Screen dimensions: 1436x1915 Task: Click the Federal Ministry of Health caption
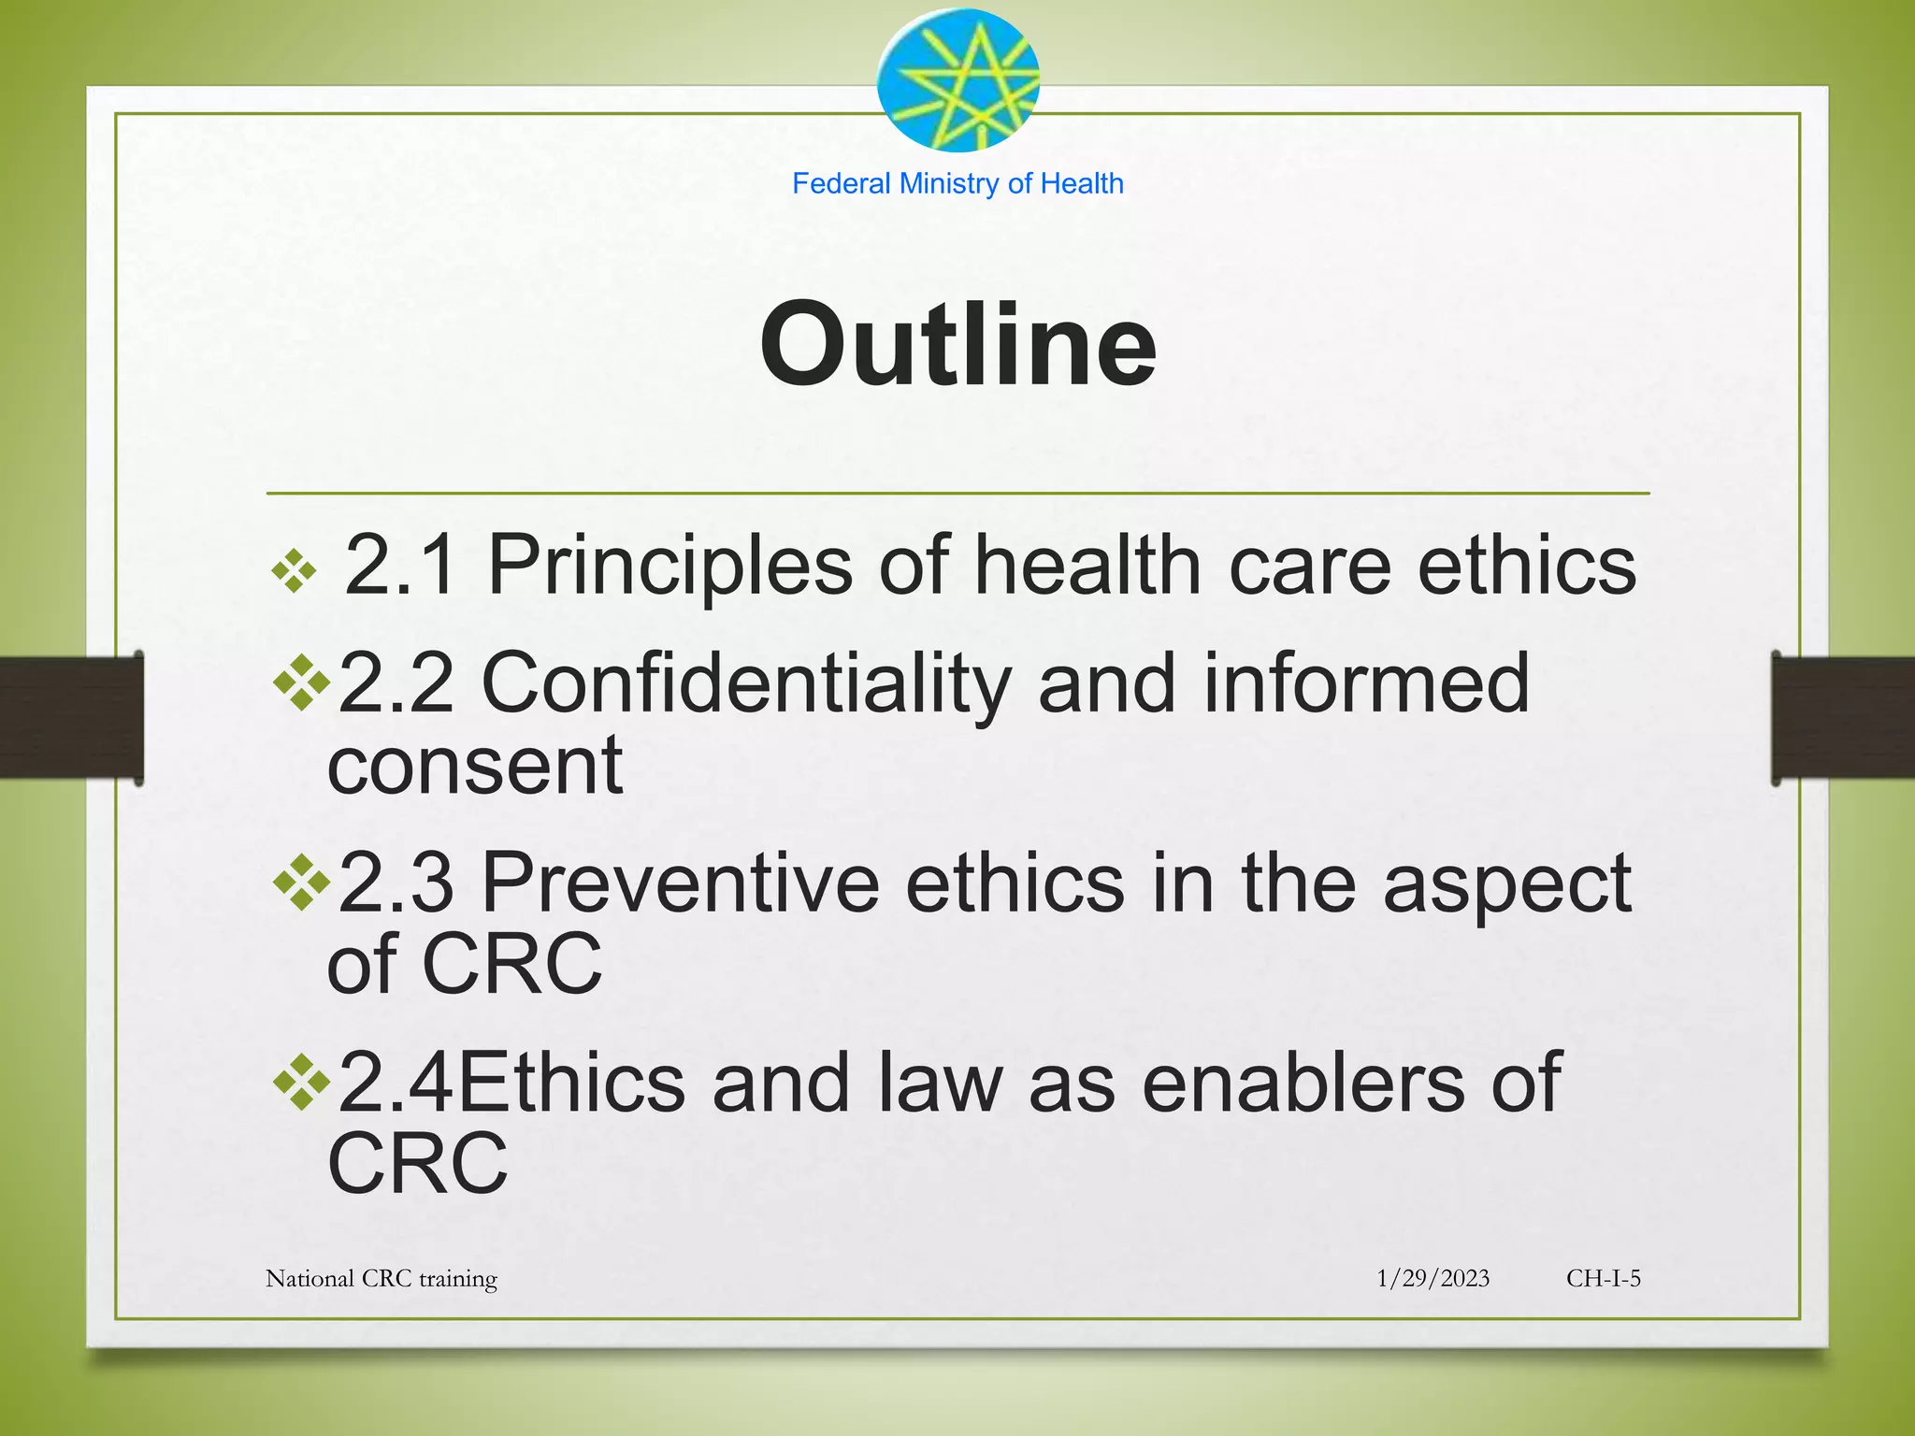click(957, 183)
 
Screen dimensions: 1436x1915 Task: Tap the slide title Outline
click(957, 344)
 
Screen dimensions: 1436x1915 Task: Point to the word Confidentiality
click(745, 683)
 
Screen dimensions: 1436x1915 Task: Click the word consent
click(475, 765)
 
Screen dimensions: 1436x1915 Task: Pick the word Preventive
click(680, 883)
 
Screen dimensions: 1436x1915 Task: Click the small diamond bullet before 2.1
click(295, 570)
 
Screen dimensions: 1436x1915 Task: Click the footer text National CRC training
click(382, 1278)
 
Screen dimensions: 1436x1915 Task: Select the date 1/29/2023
click(1433, 1278)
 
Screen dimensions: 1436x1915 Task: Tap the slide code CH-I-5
click(1603, 1278)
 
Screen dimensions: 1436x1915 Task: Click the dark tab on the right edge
click(1842, 717)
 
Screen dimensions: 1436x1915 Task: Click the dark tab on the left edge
click(71, 717)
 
